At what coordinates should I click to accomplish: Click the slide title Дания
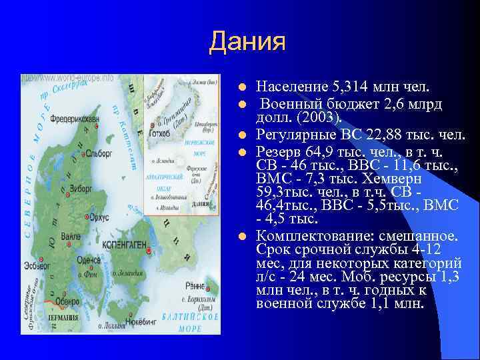tap(247, 41)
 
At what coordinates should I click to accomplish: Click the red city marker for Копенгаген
tap(148, 250)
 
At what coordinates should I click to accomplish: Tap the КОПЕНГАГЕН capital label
tap(123, 245)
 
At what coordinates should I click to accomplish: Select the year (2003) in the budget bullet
tap(317, 117)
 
